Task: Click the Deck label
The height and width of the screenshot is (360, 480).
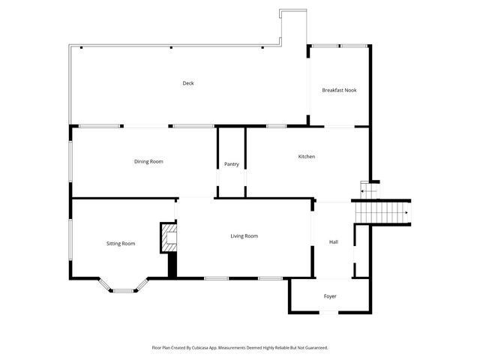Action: (188, 83)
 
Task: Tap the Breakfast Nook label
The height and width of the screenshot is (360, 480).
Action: (339, 90)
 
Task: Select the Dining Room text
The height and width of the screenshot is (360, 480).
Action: (148, 161)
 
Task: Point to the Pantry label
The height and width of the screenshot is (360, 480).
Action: (231, 164)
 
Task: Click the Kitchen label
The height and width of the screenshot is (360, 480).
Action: (306, 156)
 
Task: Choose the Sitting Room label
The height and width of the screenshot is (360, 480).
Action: (121, 243)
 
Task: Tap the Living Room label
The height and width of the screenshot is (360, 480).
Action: (244, 235)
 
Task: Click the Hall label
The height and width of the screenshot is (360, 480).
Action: (334, 241)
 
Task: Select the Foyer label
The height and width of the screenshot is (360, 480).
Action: (330, 296)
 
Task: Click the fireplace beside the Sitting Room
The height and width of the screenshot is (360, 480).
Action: (169, 238)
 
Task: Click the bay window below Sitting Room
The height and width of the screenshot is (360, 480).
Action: (123, 287)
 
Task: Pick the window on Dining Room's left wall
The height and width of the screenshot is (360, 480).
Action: (70, 161)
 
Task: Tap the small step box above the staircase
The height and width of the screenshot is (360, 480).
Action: (365, 189)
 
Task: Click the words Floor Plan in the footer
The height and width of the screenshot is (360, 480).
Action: (160, 348)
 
